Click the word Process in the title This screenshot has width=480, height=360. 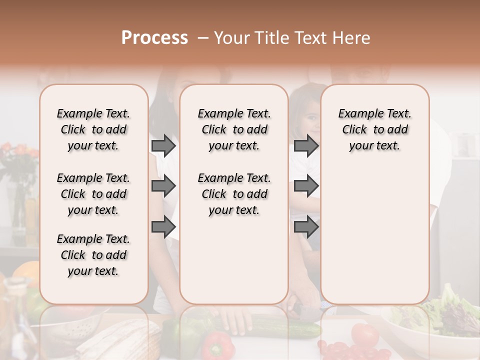[x=154, y=38]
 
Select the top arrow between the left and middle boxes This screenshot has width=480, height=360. [x=163, y=145]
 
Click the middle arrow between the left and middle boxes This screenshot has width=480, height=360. [x=163, y=186]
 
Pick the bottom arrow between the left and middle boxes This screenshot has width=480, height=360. [x=163, y=227]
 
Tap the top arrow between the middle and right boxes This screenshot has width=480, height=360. [x=306, y=145]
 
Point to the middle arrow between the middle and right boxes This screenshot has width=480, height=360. [x=306, y=186]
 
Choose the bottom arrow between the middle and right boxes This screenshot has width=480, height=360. [x=306, y=227]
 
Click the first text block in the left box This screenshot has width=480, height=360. [x=93, y=129]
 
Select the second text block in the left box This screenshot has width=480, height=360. [x=93, y=194]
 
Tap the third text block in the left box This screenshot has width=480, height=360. [x=93, y=255]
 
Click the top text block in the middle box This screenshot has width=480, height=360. [x=234, y=129]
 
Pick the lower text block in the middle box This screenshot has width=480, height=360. [x=234, y=194]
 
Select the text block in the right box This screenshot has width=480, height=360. [x=374, y=129]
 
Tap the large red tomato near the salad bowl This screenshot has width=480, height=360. [x=364, y=334]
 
